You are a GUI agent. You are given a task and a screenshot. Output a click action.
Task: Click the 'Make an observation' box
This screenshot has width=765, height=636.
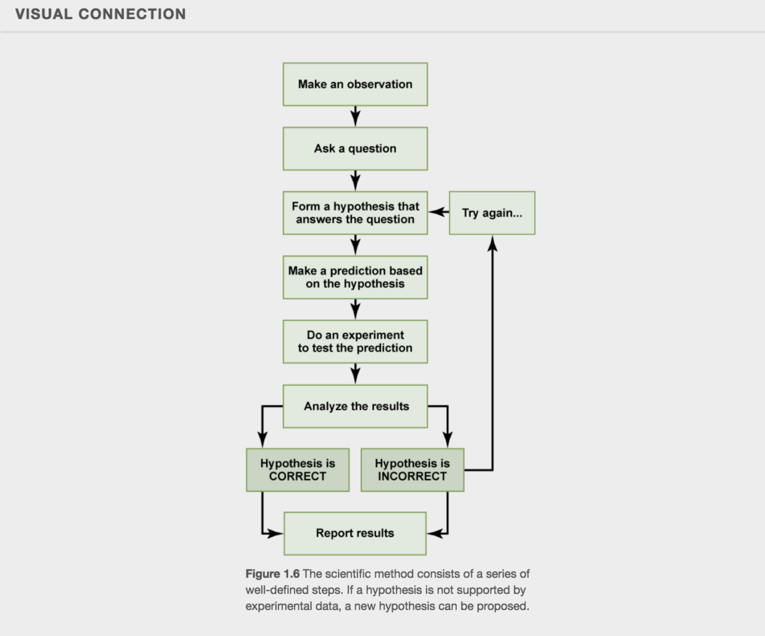pyautogui.click(x=355, y=84)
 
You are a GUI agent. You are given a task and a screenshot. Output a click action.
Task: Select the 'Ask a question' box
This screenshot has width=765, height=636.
pyautogui.click(x=355, y=149)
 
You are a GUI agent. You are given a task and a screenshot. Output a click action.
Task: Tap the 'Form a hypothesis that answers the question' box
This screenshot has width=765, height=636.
pyautogui.click(x=355, y=213)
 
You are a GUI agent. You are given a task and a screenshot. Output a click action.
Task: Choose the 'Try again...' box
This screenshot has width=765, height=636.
pyautogui.click(x=492, y=213)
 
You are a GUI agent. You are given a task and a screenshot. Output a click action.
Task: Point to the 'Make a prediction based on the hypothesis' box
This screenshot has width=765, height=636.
pyautogui.click(x=355, y=277)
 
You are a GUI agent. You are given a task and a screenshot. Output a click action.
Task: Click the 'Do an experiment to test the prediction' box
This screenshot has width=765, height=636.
pyautogui.click(x=355, y=342)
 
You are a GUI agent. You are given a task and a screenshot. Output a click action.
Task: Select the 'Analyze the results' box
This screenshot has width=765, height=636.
pyautogui.click(x=355, y=406)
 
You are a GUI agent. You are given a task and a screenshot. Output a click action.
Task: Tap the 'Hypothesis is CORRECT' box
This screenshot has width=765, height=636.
pyautogui.click(x=297, y=470)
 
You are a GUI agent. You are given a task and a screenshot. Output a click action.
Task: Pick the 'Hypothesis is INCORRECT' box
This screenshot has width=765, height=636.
pyautogui.click(x=412, y=470)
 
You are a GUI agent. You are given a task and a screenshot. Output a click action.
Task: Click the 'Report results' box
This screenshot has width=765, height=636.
pyautogui.click(x=355, y=533)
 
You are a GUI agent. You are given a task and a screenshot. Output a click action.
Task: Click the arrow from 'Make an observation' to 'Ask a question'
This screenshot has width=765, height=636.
pyautogui.click(x=355, y=117)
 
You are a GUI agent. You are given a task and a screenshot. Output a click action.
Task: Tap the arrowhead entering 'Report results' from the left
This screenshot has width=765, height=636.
pyautogui.click(x=275, y=533)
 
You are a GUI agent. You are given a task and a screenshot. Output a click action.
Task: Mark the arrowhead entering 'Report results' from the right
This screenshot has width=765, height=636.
pyautogui.click(x=434, y=533)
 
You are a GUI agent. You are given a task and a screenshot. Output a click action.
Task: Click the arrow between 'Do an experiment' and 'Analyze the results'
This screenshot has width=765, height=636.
pyautogui.click(x=355, y=374)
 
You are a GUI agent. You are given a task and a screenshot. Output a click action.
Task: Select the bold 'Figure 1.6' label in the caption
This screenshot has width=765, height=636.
pyautogui.click(x=272, y=574)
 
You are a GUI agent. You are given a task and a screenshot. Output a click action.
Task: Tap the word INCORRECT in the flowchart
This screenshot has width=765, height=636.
pyautogui.click(x=412, y=476)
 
